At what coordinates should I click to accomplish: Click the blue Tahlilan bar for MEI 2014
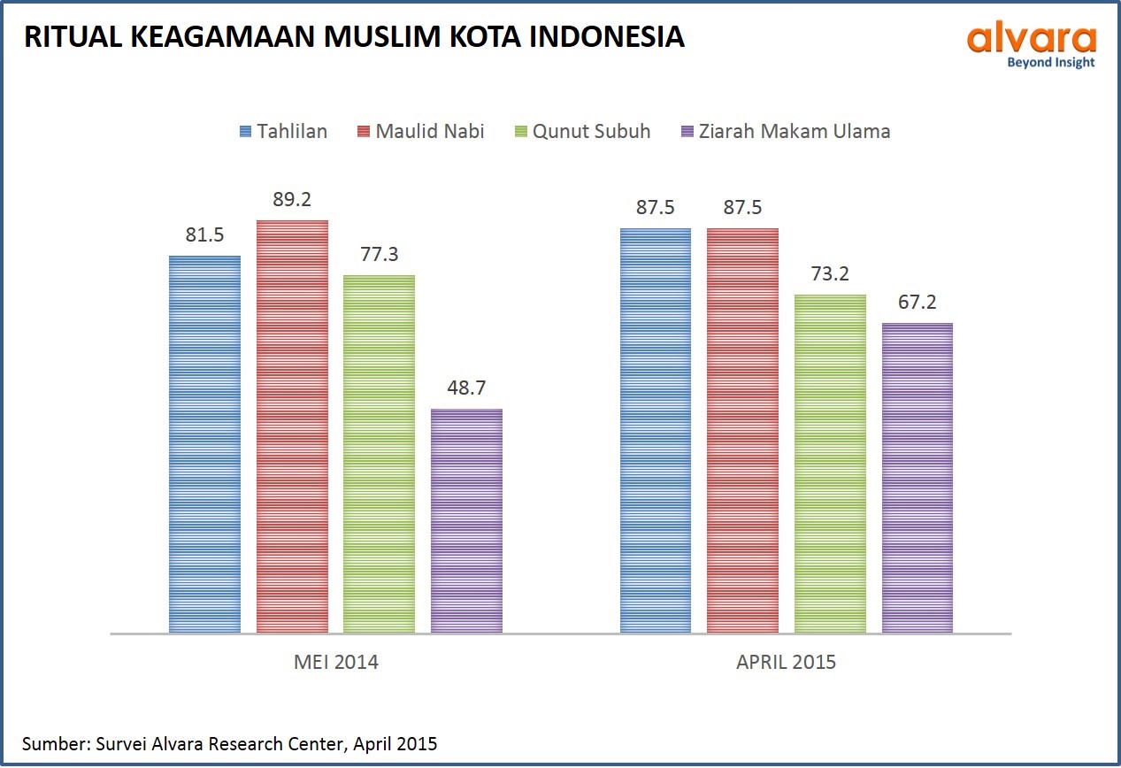pyautogui.click(x=204, y=444)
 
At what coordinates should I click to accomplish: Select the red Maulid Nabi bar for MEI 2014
pyautogui.click(x=292, y=426)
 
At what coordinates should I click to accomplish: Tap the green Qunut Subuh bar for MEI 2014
pyautogui.click(x=379, y=454)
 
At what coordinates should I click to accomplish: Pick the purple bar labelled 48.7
pyautogui.click(x=466, y=520)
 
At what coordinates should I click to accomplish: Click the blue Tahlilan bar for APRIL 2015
pyautogui.click(x=656, y=430)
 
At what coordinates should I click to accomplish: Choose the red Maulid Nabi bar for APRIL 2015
pyautogui.click(x=742, y=430)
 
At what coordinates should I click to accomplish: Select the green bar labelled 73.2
pyautogui.click(x=830, y=464)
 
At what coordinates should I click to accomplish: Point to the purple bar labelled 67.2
pyautogui.click(x=918, y=478)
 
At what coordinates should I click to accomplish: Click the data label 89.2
pyautogui.click(x=292, y=200)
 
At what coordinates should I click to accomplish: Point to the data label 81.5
pyautogui.click(x=204, y=236)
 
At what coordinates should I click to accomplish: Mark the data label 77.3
pyautogui.click(x=379, y=255)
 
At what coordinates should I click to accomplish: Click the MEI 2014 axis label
pyautogui.click(x=335, y=662)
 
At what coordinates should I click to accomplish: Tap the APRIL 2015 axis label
pyautogui.click(x=786, y=662)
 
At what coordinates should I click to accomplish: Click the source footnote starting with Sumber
pyautogui.click(x=230, y=743)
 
